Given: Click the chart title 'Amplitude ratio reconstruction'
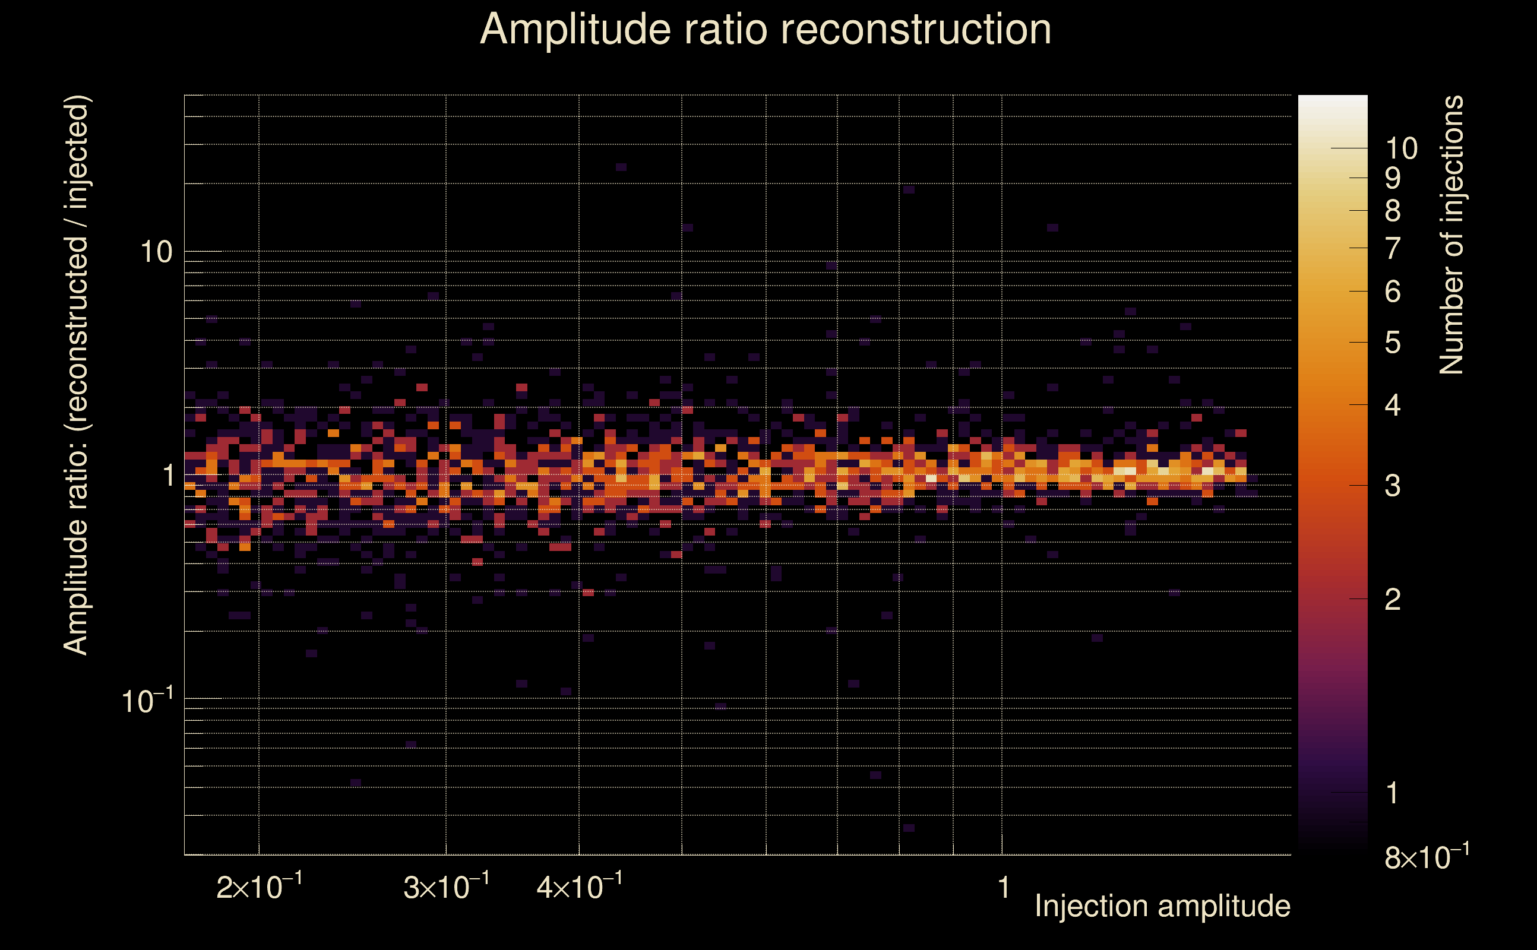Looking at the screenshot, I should [x=766, y=30].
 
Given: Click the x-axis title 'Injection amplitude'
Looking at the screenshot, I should [x=1162, y=906].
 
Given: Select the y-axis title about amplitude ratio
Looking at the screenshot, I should [x=77, y=375].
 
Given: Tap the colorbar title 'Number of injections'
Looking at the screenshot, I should [x=1451, y=235].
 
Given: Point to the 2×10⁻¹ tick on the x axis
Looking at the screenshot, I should [x=259, y=886].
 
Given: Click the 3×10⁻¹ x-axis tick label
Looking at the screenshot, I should [x=446, y=886].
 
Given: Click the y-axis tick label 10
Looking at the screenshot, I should [x=156, y=252].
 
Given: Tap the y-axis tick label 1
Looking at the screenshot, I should [x=168, y=476].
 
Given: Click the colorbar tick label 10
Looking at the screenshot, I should [x=1401, y=149].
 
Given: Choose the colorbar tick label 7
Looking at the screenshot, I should [x=1393, y=248].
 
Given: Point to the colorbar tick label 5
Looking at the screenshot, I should [x=1393, y=343].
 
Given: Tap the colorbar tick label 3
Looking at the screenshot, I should [x=1393, y=486].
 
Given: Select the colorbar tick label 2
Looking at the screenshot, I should [x=1393, y=600].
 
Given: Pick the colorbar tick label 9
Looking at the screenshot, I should [x=1393, y=179].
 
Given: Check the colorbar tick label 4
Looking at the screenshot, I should [x=1393, y=406].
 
